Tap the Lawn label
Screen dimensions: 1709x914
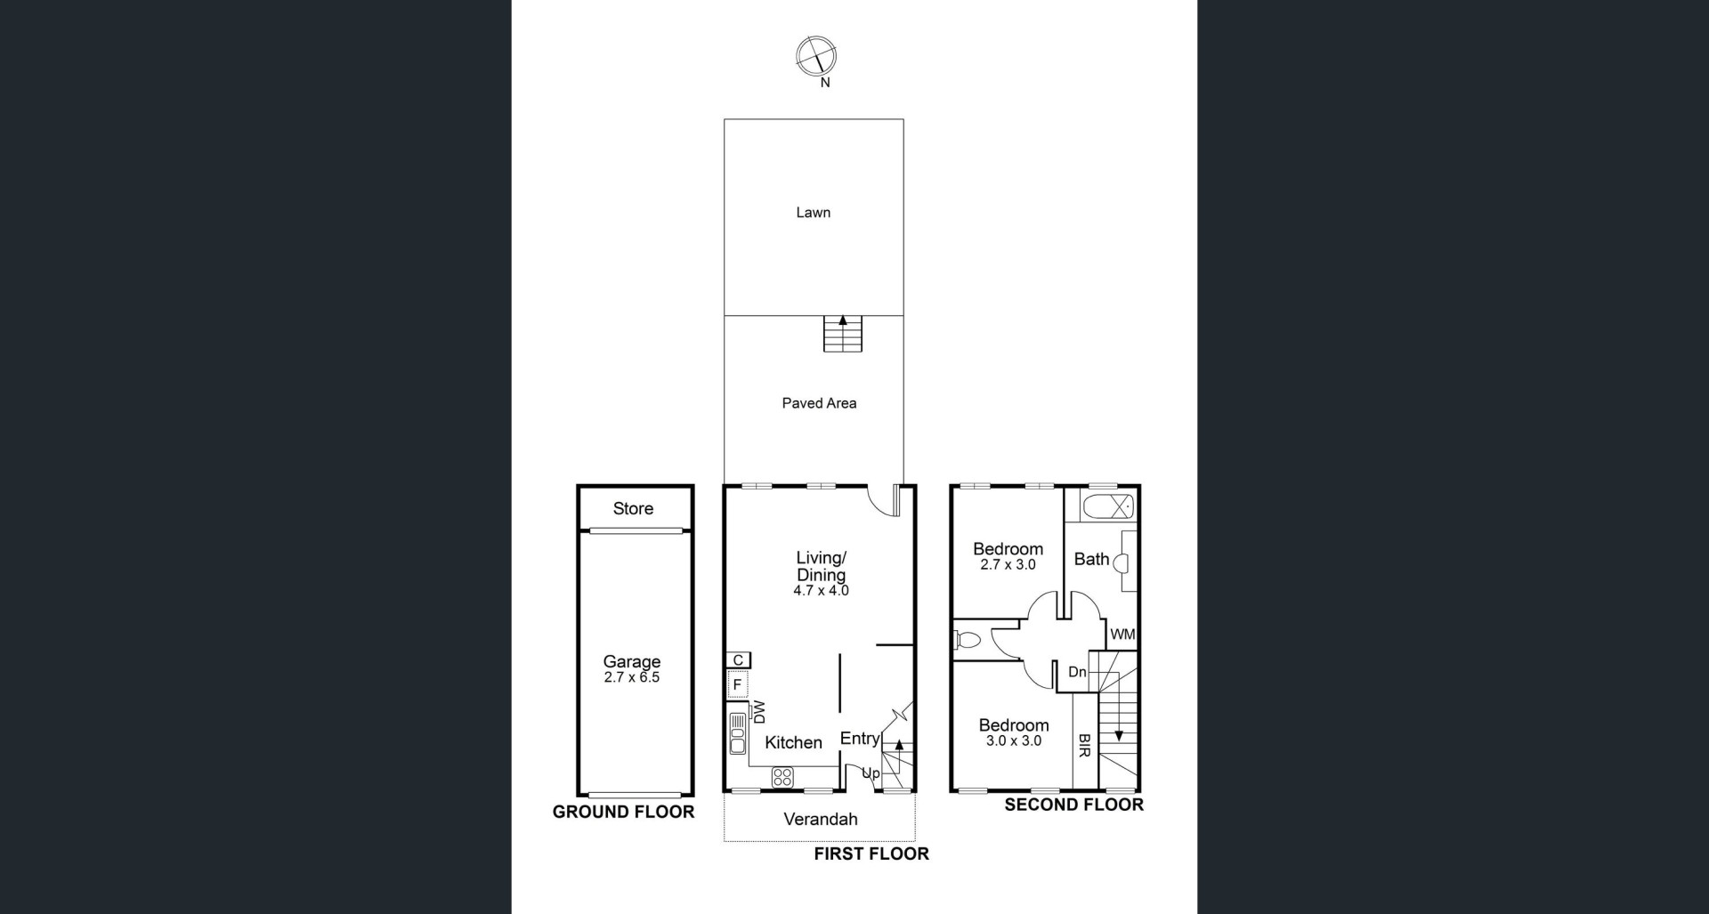[x=813, y=212]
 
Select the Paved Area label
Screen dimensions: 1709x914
[x=819, y=403]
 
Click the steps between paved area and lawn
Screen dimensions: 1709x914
[x=842, y=334]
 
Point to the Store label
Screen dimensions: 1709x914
[x=633, y=508]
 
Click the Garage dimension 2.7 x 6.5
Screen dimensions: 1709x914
[x=632, y=677]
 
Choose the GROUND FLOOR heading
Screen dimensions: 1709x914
[x=623, y=812]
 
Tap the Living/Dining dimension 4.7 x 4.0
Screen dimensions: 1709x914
[x=821, y=590]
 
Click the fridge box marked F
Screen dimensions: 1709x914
[x=737, y=684]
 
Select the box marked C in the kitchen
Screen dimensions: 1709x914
[x=738, y=660]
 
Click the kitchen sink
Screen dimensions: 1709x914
[x=738, y=732]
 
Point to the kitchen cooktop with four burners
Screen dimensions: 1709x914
[x=782, y=777]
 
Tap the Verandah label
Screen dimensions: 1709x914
[x=821, y=819]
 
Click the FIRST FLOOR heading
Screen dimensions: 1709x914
[x=871, y=853]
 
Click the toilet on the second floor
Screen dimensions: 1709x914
[x=967, y=639]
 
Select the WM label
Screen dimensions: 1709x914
[x=1122, y=635]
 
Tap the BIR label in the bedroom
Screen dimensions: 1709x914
[x=1084, y=746]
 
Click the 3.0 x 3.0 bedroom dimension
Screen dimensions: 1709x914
[x=1014, y=740]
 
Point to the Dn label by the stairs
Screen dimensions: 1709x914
[x=1077, y=672]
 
